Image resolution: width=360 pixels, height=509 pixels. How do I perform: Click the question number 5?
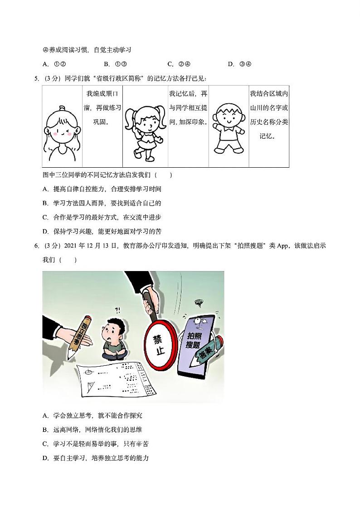coord(36,79)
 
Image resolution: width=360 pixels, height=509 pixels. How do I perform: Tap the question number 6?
coord(36,246)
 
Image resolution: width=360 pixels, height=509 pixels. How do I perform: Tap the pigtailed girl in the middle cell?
coord(144,129)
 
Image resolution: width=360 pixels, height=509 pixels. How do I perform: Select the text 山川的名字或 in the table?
coord(269,108)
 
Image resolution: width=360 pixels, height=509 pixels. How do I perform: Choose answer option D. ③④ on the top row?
coord(240,64)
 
